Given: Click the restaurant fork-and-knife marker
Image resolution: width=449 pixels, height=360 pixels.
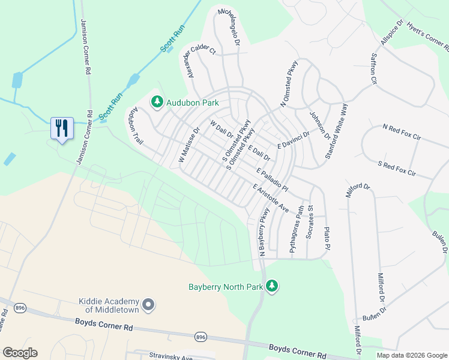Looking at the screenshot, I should [62, 128].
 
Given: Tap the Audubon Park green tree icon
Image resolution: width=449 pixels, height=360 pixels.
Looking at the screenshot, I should [157, 103].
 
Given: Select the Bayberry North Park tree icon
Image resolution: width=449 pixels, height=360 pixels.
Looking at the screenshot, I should [273, 286].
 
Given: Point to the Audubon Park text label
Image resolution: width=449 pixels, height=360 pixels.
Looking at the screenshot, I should [193, 103].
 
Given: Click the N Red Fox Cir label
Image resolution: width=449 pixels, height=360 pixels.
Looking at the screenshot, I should [402, 132].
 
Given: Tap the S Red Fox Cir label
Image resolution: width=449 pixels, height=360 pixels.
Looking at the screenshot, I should [397, 167].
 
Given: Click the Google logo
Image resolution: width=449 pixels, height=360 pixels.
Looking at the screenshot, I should [20, 353].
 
